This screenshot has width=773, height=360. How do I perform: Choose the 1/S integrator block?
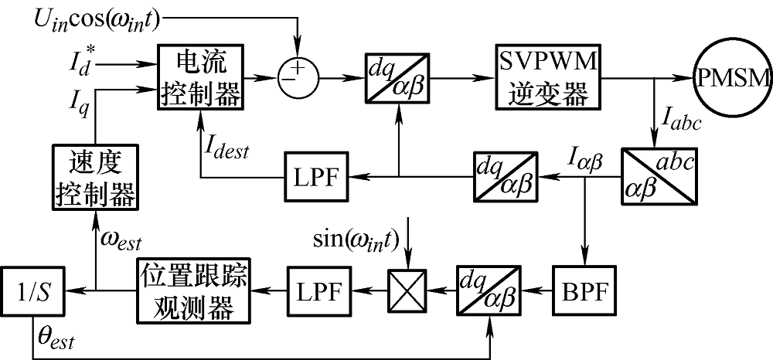[33, 291]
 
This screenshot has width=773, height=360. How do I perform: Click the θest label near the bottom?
[56, 338]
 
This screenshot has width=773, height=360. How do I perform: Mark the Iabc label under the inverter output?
[683, 121]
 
